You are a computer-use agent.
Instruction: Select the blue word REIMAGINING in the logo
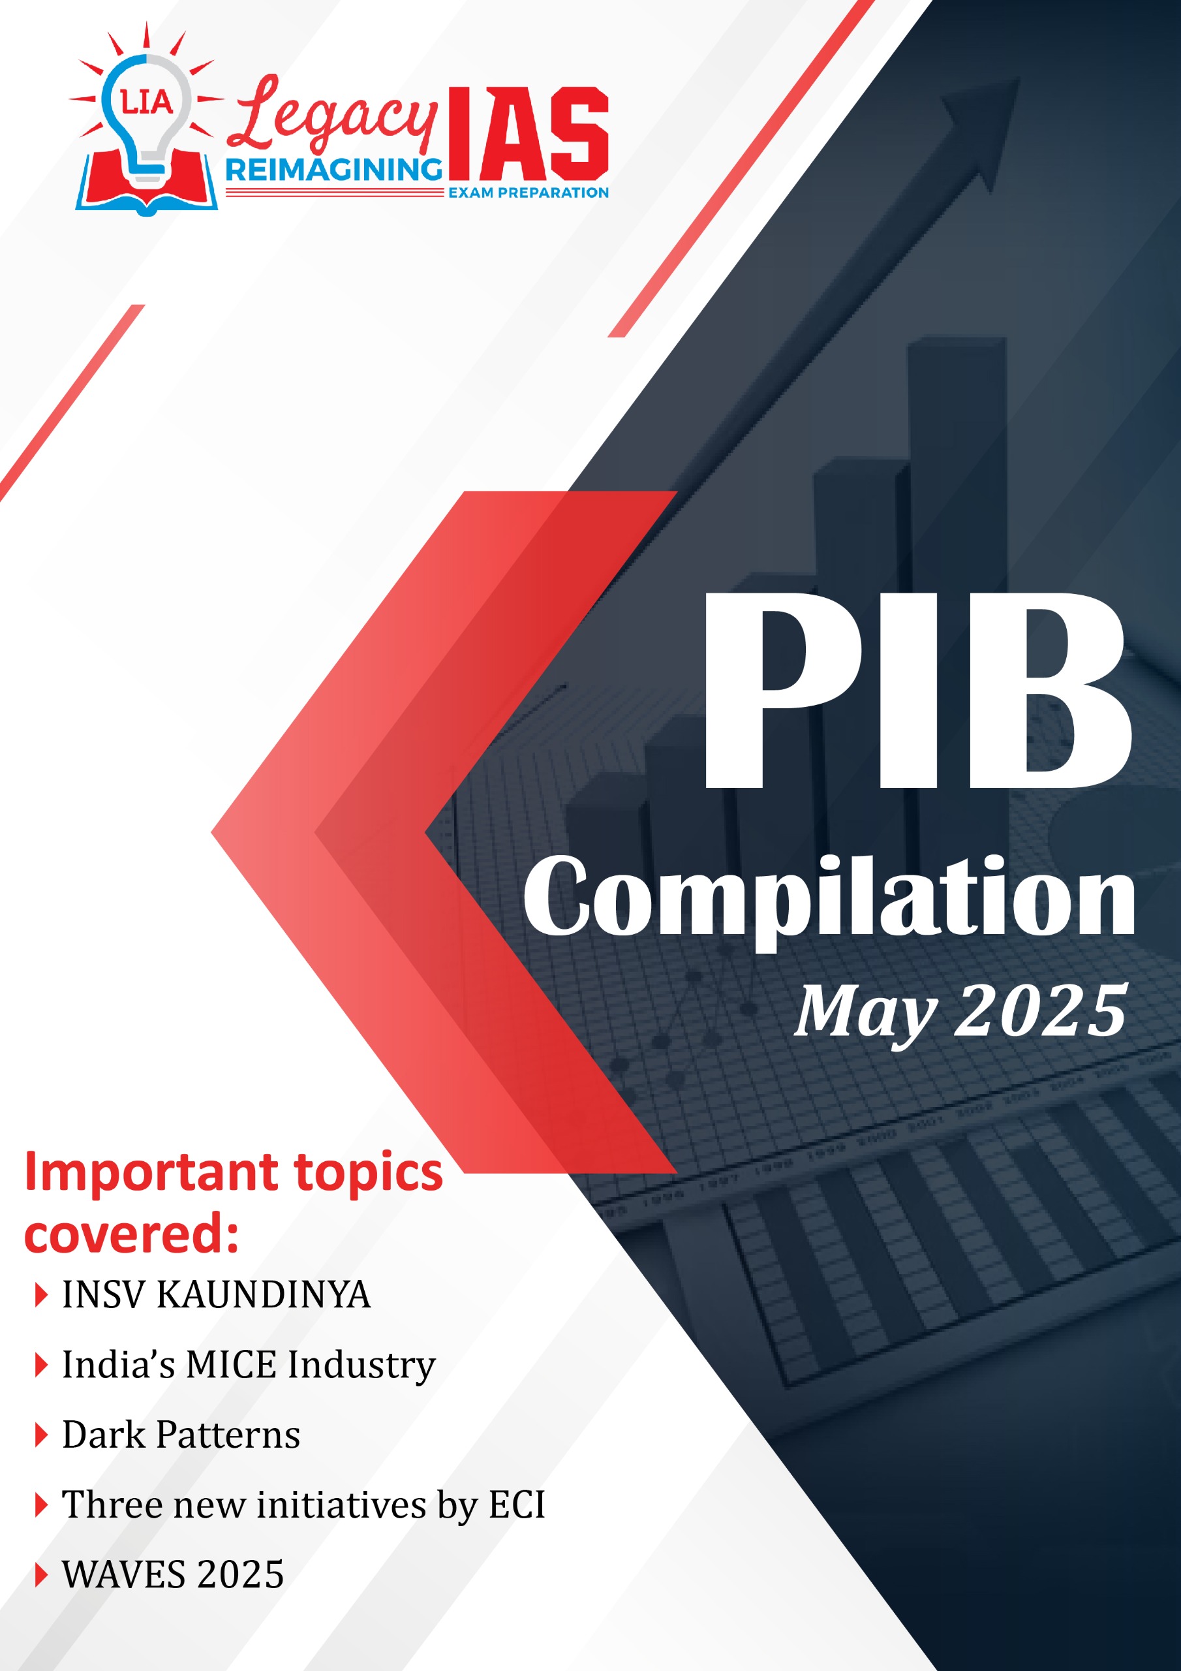point(334,170)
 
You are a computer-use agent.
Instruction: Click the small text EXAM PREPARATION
point(529,193)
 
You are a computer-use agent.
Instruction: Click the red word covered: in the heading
point(132,1236)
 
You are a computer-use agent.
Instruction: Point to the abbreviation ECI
point(517,1505)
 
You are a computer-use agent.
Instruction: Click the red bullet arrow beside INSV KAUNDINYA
point(42,1296)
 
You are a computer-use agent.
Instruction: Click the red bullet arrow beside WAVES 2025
point(42,1576)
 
